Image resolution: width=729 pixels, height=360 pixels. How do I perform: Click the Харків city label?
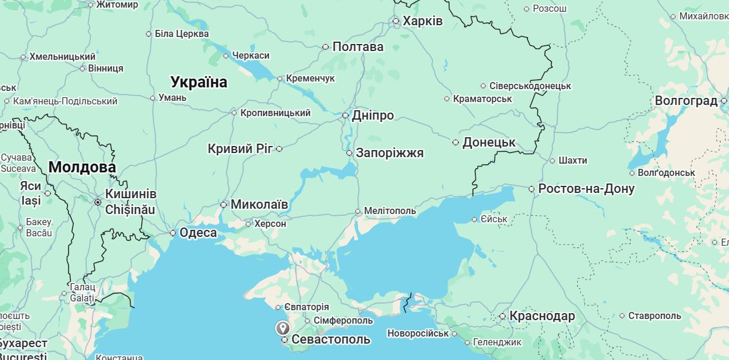coord(423,21)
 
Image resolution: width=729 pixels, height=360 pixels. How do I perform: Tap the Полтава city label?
coord(357,47)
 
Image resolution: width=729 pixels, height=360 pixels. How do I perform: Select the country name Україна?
coord(199,82)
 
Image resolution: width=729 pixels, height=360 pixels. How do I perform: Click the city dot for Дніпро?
coord(346,116)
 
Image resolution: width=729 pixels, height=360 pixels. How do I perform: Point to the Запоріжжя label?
coord(390,153)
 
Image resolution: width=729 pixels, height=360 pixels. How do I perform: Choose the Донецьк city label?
coord(489,142)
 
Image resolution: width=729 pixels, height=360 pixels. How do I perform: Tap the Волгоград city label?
coord(686,101)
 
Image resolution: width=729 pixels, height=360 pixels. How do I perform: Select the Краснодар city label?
coord(542,316)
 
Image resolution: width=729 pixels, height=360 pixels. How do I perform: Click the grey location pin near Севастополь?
coord(282,328)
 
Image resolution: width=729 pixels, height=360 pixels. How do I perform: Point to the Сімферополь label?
coord(343,321)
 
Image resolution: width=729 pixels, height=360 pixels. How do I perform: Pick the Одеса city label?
coord(197,233)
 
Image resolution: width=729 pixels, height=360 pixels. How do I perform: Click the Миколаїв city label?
coord(259,205)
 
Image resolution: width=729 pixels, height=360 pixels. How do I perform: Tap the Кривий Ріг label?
coord(240,148)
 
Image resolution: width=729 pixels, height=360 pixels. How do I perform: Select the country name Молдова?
coord(82,168)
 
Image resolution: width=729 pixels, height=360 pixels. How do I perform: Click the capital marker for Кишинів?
coord(98,202)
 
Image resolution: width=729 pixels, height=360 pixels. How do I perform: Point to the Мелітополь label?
coord(390,211)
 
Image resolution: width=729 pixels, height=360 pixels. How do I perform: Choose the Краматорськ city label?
coord(482,99)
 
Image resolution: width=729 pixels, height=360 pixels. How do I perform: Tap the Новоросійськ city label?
coord(418,334)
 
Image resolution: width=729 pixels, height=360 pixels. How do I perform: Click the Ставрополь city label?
coord(655,316)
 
